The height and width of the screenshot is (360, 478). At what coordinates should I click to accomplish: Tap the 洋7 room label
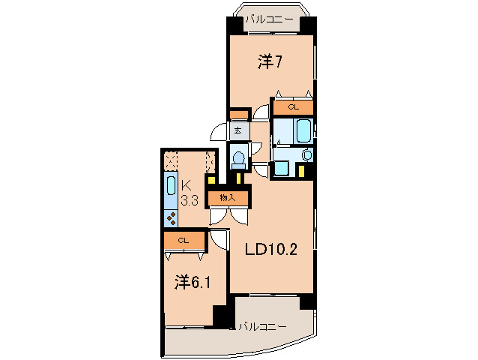(x=269, y=61)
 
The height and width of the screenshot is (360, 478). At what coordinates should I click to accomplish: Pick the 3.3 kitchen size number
(x=190, y=201)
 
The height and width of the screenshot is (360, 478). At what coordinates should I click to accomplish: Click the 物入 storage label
(x=228, y=198)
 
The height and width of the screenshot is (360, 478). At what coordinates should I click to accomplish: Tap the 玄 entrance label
(x=238, y=130)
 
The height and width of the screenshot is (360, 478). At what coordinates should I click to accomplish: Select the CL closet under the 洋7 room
(x=292, y=107)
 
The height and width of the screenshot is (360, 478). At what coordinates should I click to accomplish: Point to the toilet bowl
(x=238, y=159)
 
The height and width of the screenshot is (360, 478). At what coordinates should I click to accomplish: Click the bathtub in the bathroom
(x=304, y=130)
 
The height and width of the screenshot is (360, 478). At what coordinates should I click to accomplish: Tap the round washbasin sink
(x=306, y=154)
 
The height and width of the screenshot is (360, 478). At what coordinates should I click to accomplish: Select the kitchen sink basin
(x=170, y=190)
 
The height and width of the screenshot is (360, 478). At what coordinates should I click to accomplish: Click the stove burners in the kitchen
(x=171, y=219)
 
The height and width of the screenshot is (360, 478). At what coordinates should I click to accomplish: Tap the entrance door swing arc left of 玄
(x=218, y=133)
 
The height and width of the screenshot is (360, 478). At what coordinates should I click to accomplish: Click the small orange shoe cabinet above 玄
(x=238, y=115)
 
